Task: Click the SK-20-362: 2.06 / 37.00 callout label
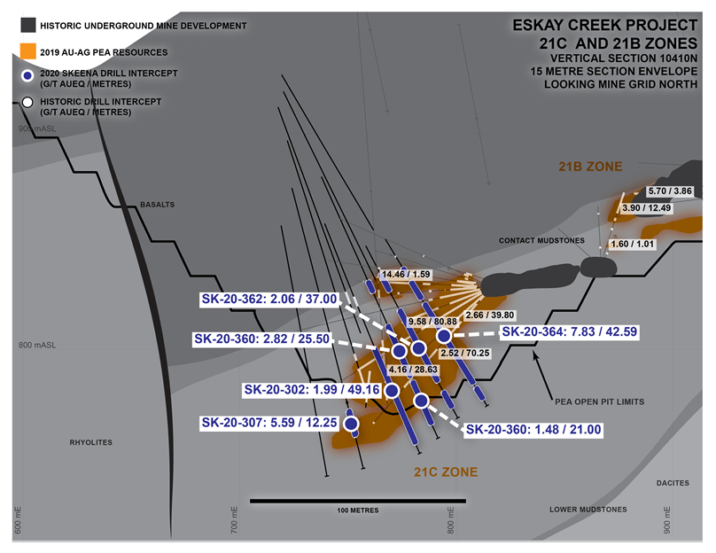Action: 269,300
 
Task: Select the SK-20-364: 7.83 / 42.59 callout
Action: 569,331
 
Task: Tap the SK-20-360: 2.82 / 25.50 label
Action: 261,339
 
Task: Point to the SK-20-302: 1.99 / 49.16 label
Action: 312,390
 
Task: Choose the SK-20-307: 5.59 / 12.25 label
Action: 269,423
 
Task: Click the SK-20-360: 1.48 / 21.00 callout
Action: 533,430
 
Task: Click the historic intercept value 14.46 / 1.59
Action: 406,274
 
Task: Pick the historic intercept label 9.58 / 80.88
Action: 432,322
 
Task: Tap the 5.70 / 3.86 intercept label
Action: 670,191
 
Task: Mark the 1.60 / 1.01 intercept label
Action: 632,245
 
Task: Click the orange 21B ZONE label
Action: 590,167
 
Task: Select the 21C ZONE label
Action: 446,472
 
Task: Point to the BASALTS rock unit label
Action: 157,205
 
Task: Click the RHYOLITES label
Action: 91,442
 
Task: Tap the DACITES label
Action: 673,483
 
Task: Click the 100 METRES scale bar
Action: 358,501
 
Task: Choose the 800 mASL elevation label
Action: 37,346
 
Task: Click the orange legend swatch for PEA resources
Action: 27,51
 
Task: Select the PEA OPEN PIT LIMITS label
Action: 600,401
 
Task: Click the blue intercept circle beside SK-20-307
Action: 351,424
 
